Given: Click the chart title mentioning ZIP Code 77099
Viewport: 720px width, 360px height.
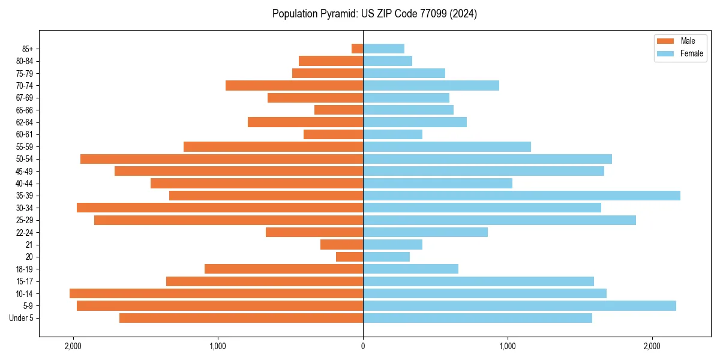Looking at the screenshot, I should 374,14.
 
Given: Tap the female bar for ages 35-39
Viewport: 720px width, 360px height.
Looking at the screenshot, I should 521,196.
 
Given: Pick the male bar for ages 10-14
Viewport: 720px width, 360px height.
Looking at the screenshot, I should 216,293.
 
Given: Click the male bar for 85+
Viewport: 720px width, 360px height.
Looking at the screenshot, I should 358,49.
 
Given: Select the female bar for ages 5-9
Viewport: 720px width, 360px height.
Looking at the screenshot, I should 520,305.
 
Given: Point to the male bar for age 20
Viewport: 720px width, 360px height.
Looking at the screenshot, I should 349,257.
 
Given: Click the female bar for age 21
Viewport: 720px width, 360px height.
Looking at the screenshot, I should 392,244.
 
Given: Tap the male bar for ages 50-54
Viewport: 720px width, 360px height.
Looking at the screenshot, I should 221,159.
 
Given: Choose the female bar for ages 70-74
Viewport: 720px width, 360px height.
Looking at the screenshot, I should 431,85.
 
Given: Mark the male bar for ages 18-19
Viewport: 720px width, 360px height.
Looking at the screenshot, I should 284,269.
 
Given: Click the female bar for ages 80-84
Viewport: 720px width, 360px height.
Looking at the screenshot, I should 388,61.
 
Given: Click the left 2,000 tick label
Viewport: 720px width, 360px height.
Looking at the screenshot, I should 73,346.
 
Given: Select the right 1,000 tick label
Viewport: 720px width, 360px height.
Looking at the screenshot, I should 508,346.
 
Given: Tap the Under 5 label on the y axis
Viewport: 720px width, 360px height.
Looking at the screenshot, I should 21,318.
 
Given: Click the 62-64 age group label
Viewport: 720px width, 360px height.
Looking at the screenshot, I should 25,122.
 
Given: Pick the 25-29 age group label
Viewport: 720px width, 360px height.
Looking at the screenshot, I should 25,220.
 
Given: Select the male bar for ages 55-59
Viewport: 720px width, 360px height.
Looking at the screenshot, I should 273,146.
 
